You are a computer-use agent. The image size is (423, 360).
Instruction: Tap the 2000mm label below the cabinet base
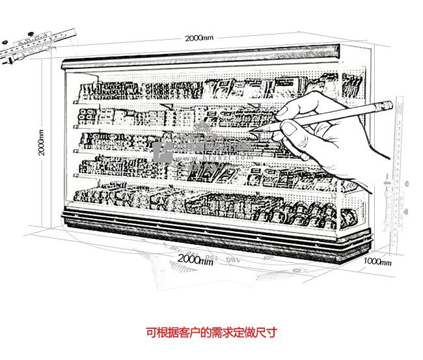pyautogui.click(x=196, y=260)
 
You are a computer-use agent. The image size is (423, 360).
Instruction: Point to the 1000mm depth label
pyautogui.click(x=377, y=262)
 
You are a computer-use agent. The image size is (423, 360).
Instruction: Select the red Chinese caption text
pyautogui.click(x=211, y=333)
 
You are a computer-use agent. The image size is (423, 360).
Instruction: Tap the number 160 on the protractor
pyautogui.click(x=230, y=259)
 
